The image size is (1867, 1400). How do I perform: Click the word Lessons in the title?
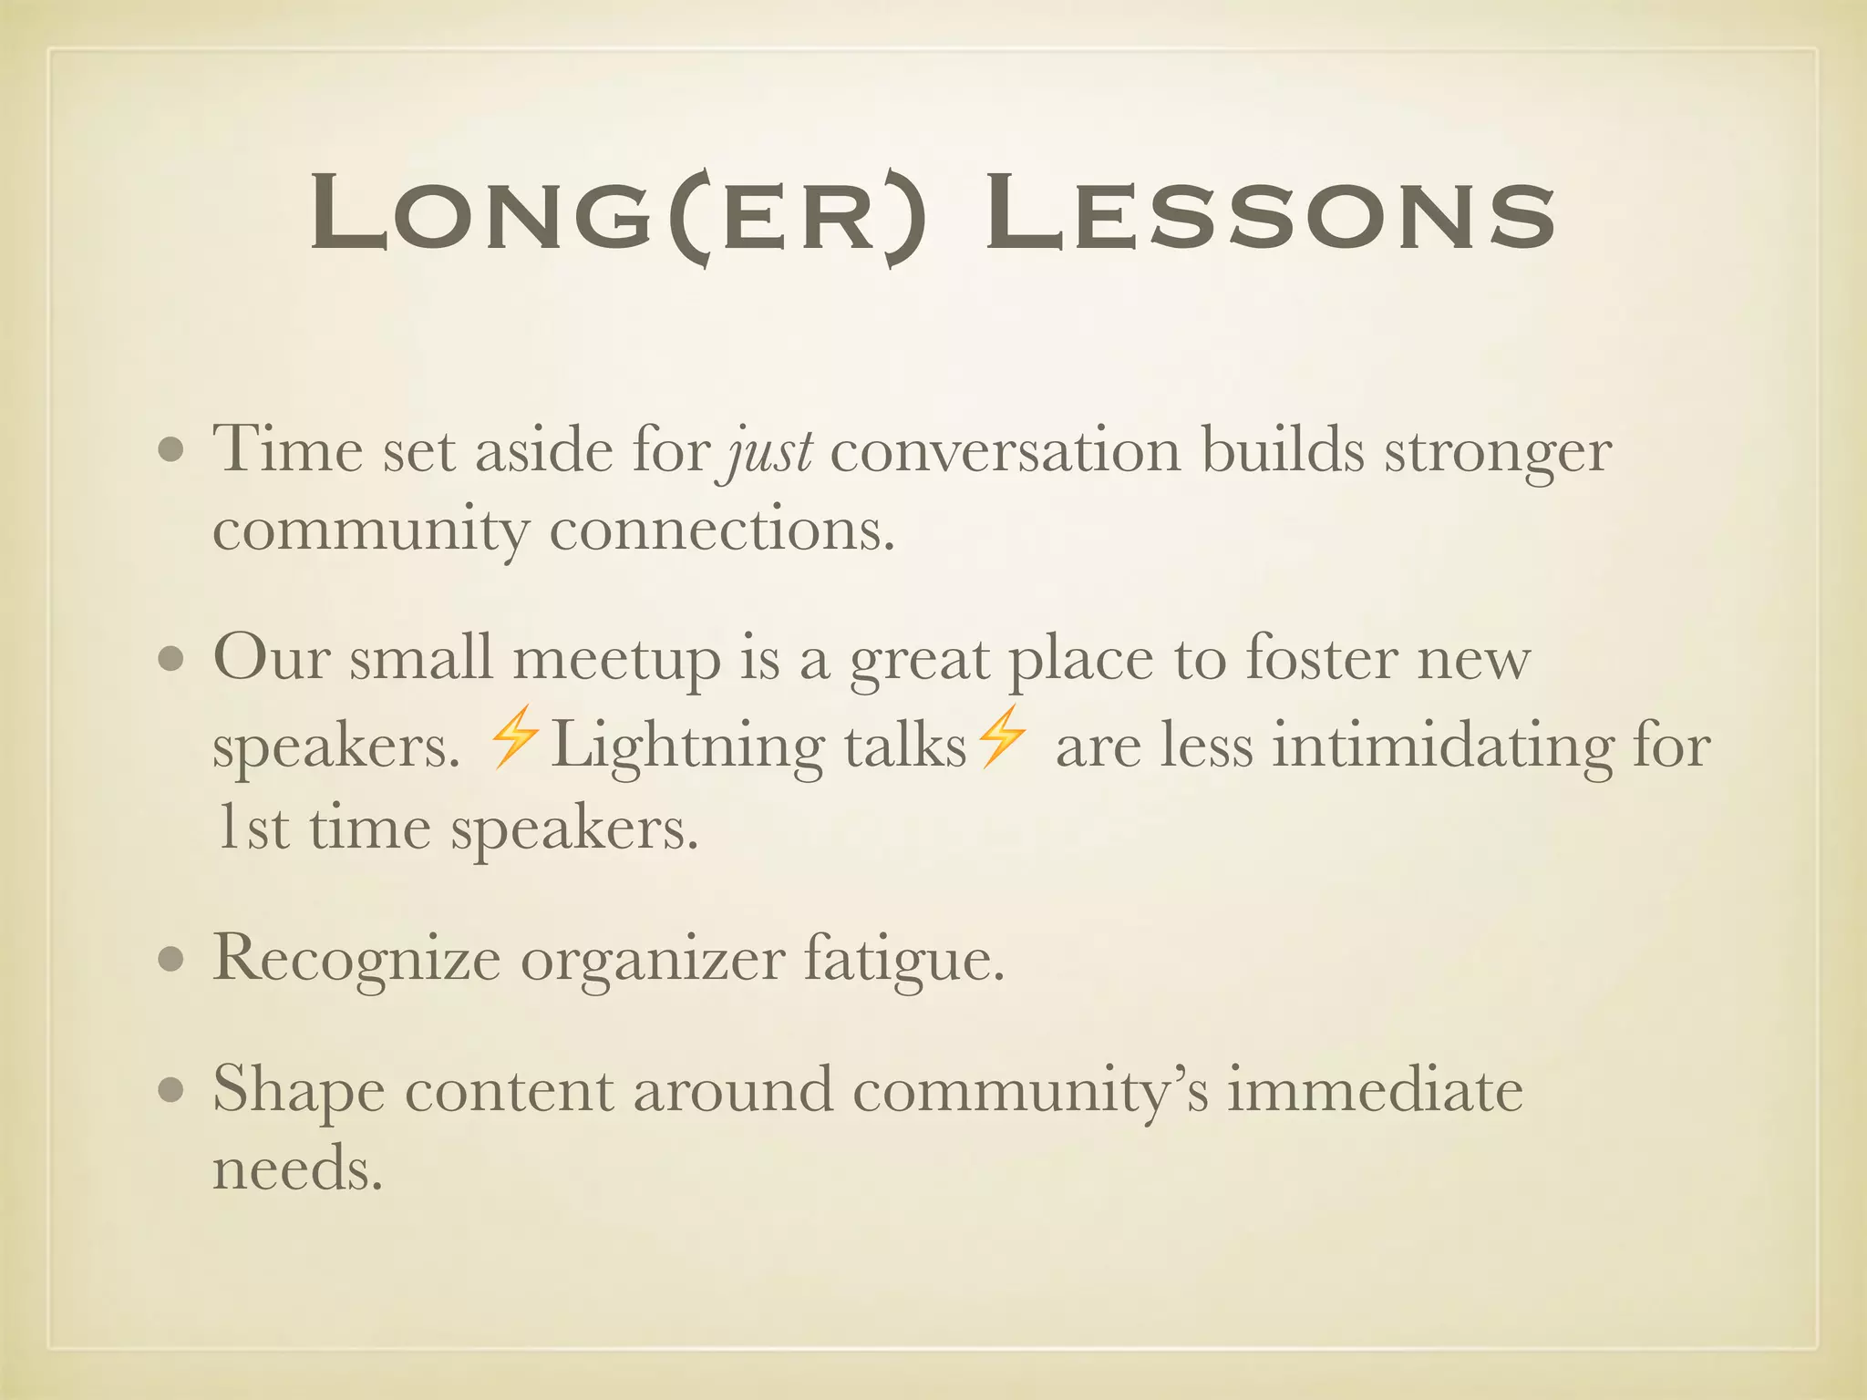[x=1269, y=215]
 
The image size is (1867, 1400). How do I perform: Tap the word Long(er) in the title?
[x=617, y=215]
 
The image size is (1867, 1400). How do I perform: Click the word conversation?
[x=1005, y=451]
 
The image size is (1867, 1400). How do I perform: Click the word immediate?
[x=1375, y=1089]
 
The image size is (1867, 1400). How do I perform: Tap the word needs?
[x=296, y=1168]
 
